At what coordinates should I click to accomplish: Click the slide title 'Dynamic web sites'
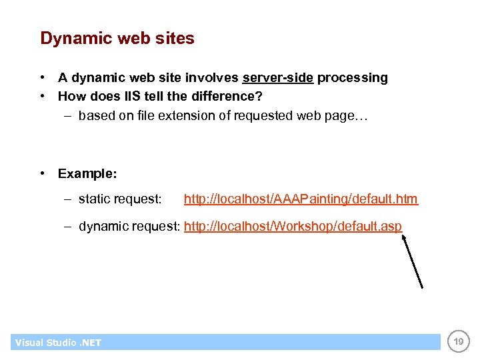click(x=117, y=39)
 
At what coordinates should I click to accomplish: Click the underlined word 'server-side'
click(x=278, y=78)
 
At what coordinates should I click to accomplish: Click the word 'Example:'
click(x=87, y=174)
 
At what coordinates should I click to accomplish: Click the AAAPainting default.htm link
click(x=301, y=199)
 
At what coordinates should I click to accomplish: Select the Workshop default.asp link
click(x=293, y=227)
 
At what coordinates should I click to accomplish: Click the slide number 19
click(x=459, y=342)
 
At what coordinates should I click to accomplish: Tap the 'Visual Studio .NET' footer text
click(x=58, y=343)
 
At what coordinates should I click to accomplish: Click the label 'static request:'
click(x=120, y=199)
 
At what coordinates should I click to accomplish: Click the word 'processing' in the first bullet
click(x=352, y=78)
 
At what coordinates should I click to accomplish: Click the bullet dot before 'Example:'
click(x=43, y=174)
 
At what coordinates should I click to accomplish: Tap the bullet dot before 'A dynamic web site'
click(x=43, y=78)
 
